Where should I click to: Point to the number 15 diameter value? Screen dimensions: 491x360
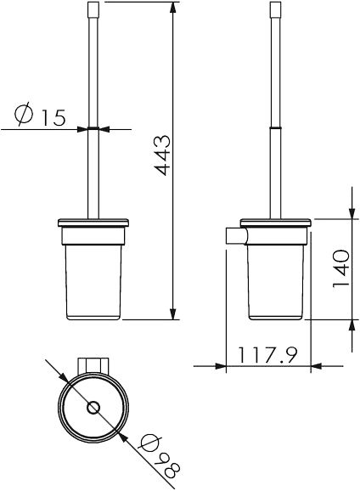53,116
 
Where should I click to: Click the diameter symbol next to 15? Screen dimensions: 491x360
25,115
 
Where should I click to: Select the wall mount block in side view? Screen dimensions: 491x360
233,235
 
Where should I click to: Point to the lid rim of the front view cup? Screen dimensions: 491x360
94,223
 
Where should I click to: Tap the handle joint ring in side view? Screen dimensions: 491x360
275,127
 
